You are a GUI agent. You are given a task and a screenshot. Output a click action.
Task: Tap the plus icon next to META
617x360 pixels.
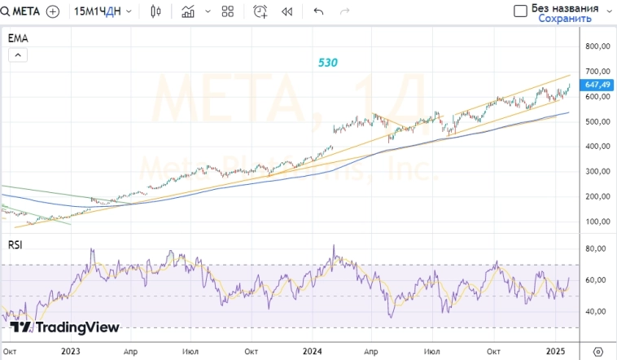point(53,11)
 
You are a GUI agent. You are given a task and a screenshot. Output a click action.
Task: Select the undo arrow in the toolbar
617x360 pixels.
point(318,11)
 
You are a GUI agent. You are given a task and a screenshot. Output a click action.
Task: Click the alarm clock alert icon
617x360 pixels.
point(260,11)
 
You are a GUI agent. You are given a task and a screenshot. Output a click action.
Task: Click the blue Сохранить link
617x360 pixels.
point(565,18)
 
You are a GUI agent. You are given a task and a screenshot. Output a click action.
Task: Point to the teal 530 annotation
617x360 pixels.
point(328,62)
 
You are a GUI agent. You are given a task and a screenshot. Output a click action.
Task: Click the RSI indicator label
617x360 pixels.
point(15,244)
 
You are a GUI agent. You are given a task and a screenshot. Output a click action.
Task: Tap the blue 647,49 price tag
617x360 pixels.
point(597,84)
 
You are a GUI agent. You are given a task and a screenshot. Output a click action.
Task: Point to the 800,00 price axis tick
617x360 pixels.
point(597,46)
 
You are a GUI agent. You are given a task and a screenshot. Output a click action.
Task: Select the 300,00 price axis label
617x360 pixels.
point(597,172)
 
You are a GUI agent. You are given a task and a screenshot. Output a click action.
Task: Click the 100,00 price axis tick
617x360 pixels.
point(597,222)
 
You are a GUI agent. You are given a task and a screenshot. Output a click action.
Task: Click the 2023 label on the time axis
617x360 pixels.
point(71,351)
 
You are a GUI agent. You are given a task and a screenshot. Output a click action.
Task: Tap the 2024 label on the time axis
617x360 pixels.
point(313,351)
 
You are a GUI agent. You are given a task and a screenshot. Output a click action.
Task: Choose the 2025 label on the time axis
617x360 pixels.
point(556,351)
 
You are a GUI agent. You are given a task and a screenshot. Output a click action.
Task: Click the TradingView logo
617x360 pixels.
point(65,327)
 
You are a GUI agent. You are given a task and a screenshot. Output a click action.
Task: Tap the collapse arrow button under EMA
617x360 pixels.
point(18,55)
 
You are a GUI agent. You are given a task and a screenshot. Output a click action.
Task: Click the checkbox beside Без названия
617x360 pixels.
point(520,11)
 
